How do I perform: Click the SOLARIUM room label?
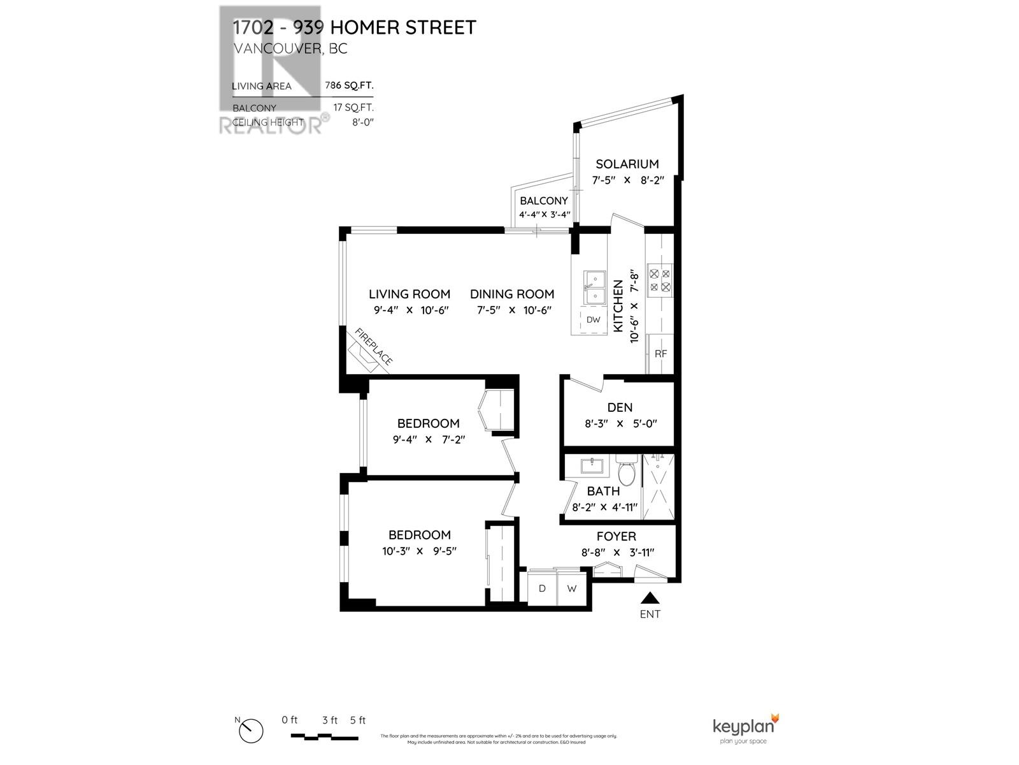coord(627,164)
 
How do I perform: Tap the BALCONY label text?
coord(543,201)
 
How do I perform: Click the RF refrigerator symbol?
coord(660,354)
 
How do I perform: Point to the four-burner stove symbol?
coord(659,280)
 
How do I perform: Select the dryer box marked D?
coord(542,588)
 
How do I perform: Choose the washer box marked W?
coord(572,588)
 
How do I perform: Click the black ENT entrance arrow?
coord(650,598)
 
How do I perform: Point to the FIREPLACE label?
coord(374,347)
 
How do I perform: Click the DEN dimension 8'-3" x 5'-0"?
coord(620,423)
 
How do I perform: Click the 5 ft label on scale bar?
coord(357,720)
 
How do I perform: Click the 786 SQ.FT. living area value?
coord(349,85)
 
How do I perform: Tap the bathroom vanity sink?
coord(592,465)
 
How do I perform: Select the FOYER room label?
coord(616,537)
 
